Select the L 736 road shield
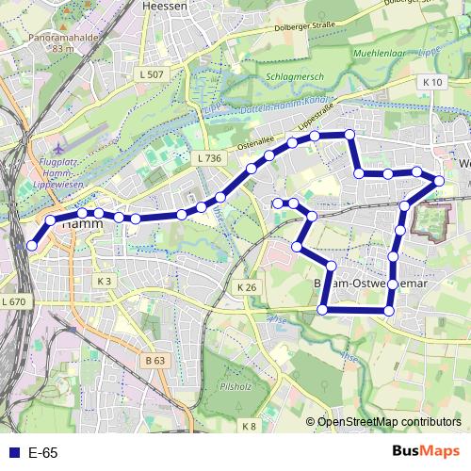208,158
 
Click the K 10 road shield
432,83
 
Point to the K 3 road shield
104,281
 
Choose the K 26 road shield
247,287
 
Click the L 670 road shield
13,301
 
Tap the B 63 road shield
155,360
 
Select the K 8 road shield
249,427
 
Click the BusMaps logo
425,451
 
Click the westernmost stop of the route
32,245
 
